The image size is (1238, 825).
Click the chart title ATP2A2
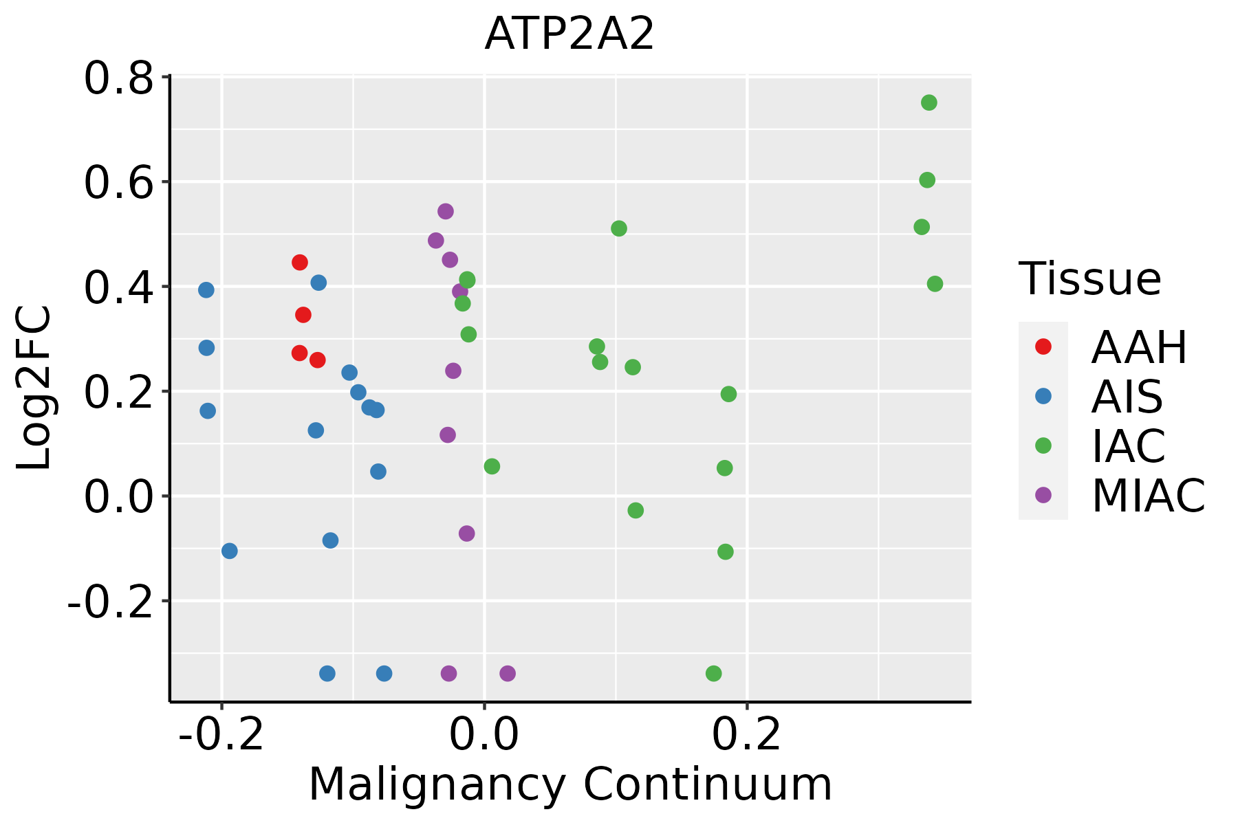(x=569, y=34)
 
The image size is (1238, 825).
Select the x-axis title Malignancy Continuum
(x=570, y=785)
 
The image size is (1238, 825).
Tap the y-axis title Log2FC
(x=34, y=388)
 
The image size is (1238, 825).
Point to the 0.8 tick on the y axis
(x=118, y=78)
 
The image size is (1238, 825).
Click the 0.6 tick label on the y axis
(x=118, y=183)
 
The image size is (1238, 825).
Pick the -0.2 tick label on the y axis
(x=109, y=602)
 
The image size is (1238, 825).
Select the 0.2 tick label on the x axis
(x=747, y=735)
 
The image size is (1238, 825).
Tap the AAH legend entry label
(x=1139, y=348)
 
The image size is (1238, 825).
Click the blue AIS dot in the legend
(x=1043, y=396)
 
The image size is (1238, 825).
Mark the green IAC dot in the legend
(x=1043, y=445)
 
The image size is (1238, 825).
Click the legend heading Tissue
(x=1090, y=279)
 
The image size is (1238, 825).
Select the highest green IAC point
(x=929, y=102)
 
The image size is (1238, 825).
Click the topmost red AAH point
(x=300, y=262)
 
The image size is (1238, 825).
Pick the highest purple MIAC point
(x=446, y=211)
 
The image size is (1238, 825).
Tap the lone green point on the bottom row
(x=714, y=673)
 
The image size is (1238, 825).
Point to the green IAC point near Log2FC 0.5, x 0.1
(x=619, y=228)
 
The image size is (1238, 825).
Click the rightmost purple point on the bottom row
(x=508, y=673)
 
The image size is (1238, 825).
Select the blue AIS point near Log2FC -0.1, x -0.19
(x=230, y=551)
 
